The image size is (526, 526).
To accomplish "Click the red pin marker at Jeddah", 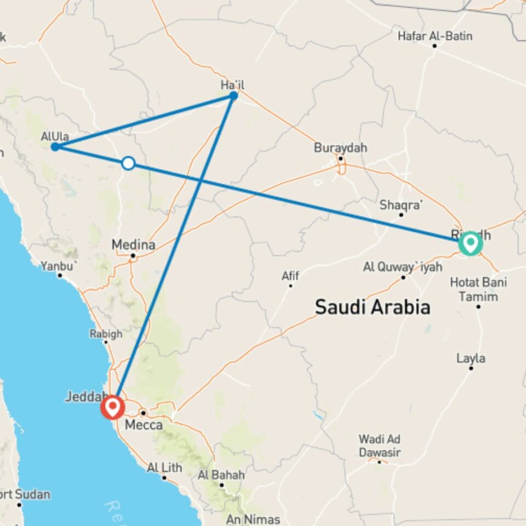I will (113, 407).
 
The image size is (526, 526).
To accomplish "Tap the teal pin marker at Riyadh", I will (470, 243).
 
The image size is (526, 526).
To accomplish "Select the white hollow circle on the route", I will (128, 163).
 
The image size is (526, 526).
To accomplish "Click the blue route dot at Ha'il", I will (233, 96).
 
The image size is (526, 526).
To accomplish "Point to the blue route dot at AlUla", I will (55, 146).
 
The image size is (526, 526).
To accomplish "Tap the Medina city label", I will (133, 244).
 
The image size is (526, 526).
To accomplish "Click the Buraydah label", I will (340, 148).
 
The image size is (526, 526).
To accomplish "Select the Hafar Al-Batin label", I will (435, 36).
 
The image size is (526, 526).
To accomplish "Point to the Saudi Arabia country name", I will (372, 307).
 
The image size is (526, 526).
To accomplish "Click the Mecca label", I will (144, 425).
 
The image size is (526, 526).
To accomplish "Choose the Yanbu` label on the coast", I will (60, 266).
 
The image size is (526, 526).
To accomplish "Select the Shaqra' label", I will (402, 205).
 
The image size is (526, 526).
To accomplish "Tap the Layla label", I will (471, 358).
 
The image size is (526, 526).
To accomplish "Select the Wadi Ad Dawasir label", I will (380, 445).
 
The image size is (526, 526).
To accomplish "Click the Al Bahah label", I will (221, 475).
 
